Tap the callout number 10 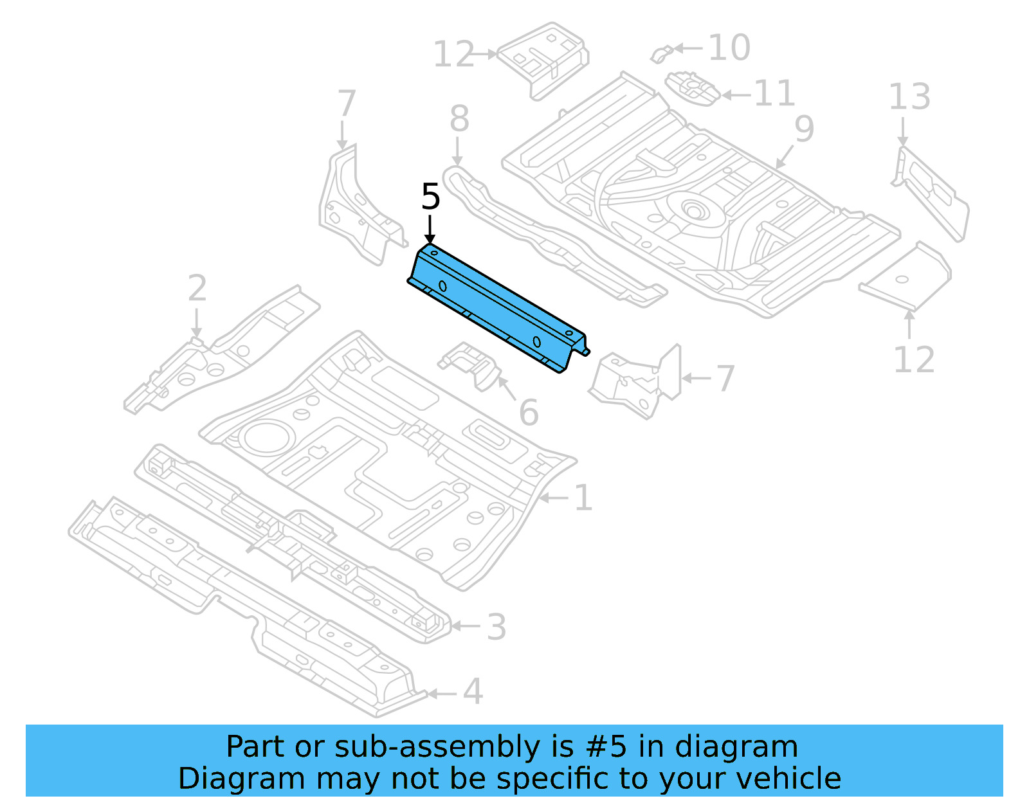(x=729, y=48)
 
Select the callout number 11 (x=774, y=93)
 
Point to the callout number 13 (x=909, y=97)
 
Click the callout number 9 (x=804, y=129)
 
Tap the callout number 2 (x=197, y=288)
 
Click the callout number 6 (x=528, y=412)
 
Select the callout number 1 (x=583, y=498)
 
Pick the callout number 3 (x=496, y=627)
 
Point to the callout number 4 (x=473, y=692)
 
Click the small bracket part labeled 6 (x=473, y=365)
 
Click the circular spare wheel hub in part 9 (x=693, y=210)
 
